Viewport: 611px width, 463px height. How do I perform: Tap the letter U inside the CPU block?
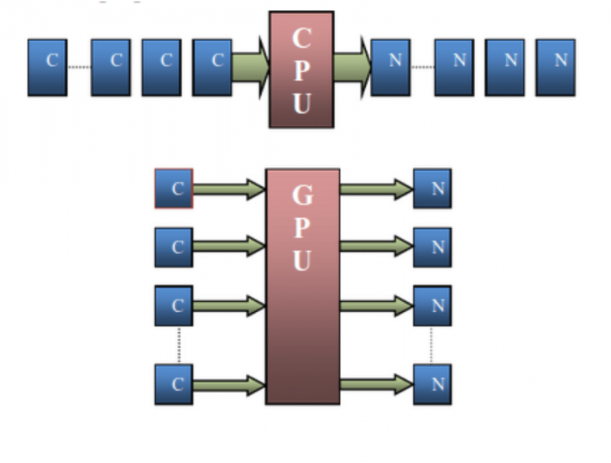[x=301, y=103]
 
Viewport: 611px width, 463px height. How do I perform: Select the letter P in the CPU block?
[x=301, y=70]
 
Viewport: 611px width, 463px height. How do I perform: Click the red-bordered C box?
[x=175, y=189]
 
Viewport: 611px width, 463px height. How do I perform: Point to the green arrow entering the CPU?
[x=250, y=60]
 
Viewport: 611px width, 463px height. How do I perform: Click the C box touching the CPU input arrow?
[x=212, y=60]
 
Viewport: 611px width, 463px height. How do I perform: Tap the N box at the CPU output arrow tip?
[x=391, y=60]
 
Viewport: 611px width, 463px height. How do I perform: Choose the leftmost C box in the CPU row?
[x=47, y=60]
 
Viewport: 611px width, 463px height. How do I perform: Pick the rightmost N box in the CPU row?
[x=556, y=60]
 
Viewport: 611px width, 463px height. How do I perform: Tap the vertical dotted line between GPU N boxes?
[x=432, y=345]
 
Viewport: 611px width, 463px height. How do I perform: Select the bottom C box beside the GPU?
[x=175, y=384]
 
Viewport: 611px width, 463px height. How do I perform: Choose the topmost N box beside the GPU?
[x=432, y=189]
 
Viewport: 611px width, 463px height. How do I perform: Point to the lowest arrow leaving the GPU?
[x=376, y=384]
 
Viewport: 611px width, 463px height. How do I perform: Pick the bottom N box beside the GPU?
[x=432, y=384]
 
